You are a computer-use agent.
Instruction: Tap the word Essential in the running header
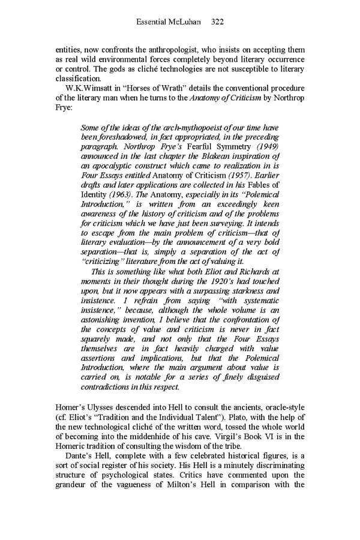[x=153, y=22]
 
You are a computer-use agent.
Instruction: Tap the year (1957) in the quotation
[x=226, y=176]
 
